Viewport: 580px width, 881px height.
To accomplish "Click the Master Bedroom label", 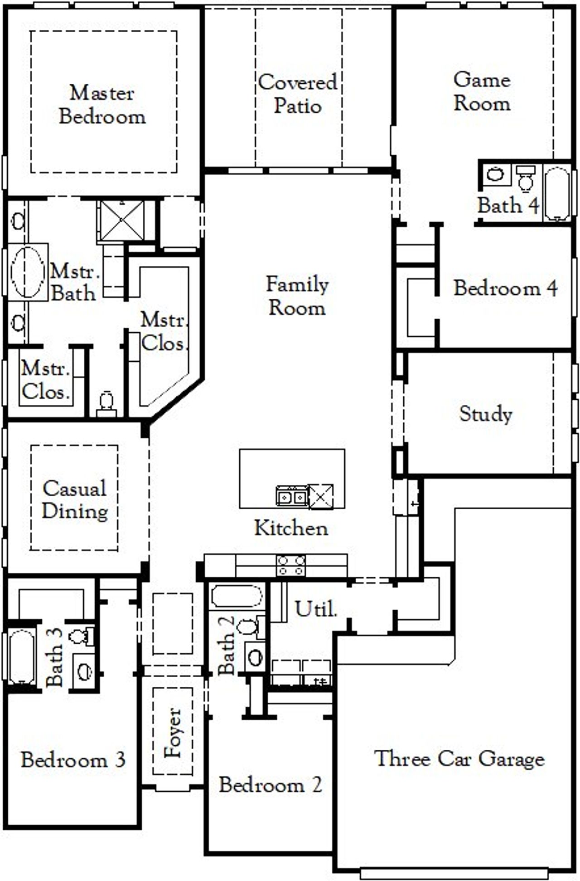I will pos(102,105).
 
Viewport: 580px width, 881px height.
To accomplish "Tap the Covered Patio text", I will pos(298,94).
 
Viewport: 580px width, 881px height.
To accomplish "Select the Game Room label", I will pos(482,91).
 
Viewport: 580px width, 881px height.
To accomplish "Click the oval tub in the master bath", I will pos(28,272).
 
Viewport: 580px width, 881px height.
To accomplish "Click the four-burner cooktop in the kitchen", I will pos(291,565).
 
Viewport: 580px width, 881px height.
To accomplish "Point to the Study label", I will pos(486,413).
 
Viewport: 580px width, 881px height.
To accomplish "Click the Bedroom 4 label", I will pos(505,288).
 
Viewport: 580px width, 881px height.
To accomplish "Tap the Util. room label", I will pos(316,609).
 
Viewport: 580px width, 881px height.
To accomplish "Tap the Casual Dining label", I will pos(75,499).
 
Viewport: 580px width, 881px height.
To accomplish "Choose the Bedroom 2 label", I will pos(271,785).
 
